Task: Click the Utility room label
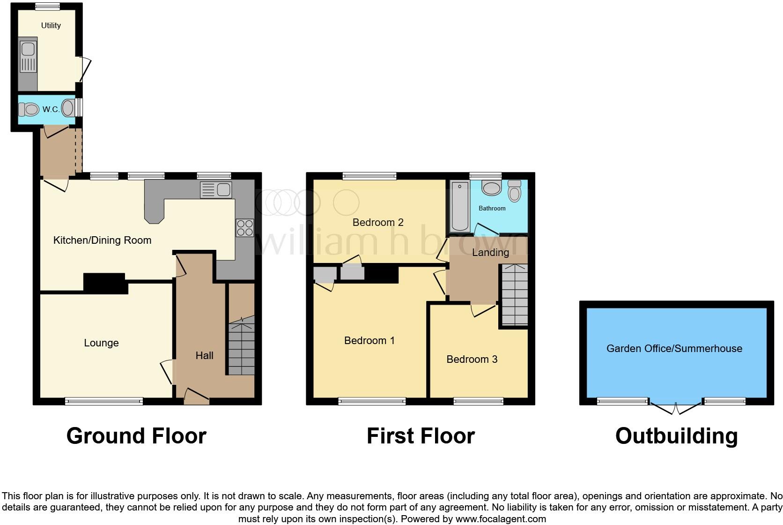[51, 25]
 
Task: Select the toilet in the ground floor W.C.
[29, 110]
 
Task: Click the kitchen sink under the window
[216, 190]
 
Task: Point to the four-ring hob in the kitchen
[244, 228]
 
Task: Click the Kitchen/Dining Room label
[102, 240]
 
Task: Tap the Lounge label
[101, 343]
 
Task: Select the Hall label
[204, 355]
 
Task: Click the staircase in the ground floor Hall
[241, 347]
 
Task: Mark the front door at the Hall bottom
[196, 398]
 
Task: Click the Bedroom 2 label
[378, 222]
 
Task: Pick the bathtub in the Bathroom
[460, 207]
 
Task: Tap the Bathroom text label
[492, 208]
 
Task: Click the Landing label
[490, 252]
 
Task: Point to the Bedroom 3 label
[472, 359]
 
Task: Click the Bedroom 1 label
[369, 340]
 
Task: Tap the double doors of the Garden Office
[676, 408]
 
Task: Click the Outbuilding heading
[676, 435]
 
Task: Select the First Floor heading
[420, 435]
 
